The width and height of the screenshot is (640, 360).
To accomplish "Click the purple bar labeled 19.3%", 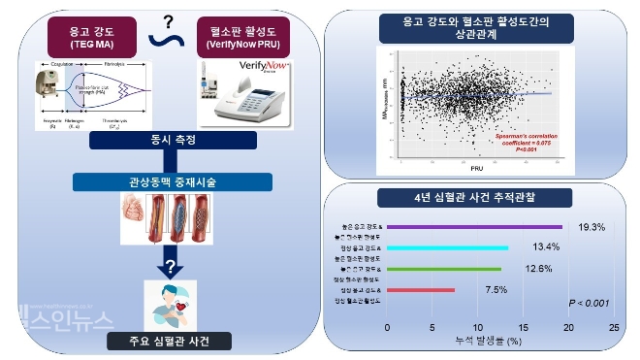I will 479,227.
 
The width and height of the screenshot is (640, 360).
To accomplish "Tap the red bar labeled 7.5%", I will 421,289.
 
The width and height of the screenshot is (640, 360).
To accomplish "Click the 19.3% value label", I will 592,227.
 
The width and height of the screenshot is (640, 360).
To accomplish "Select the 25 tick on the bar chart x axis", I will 613,327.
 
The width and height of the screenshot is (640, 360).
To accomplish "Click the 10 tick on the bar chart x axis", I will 476,327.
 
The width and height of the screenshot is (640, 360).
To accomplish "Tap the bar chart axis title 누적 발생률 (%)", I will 490,342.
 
